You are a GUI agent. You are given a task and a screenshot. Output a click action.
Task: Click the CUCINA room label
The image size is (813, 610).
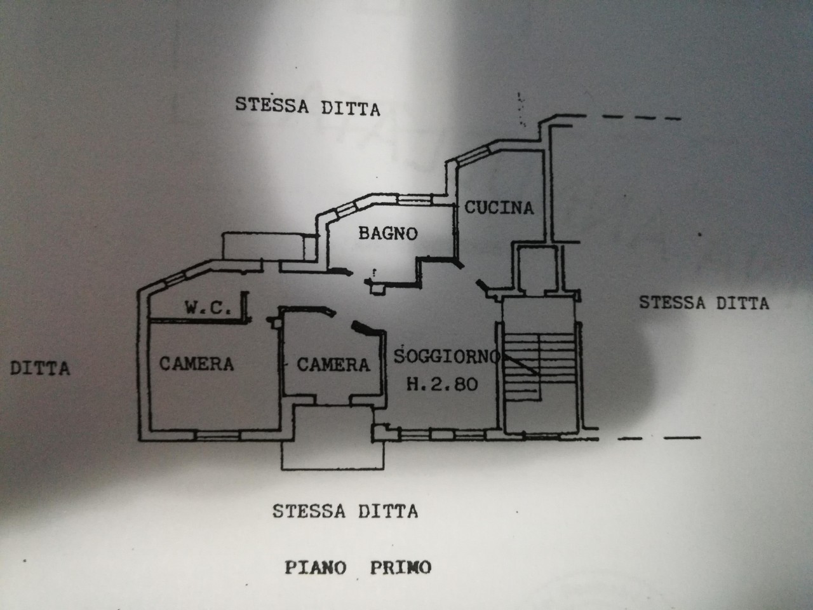499,207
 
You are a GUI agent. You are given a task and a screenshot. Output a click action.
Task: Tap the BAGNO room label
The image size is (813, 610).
388,233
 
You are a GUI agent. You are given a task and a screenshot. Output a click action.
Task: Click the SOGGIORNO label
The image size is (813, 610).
447,356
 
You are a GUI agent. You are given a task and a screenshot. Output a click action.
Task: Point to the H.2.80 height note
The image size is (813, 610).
443,384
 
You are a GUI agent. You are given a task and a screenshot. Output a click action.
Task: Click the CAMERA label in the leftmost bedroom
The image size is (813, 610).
196,364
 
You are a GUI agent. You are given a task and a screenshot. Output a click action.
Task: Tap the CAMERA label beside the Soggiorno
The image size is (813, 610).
333,365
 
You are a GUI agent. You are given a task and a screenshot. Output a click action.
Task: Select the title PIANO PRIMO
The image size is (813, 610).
358,567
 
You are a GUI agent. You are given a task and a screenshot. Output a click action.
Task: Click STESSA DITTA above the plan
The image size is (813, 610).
307,106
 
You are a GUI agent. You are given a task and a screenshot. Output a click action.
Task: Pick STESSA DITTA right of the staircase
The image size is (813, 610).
704,302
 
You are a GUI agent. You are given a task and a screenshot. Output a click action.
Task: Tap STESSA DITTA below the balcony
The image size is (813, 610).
345,511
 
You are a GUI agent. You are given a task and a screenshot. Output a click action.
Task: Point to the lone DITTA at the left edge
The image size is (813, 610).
40,368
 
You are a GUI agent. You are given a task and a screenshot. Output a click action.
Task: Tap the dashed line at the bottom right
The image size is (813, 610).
659,438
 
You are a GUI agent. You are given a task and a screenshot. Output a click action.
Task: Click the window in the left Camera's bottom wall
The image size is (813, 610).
217,435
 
